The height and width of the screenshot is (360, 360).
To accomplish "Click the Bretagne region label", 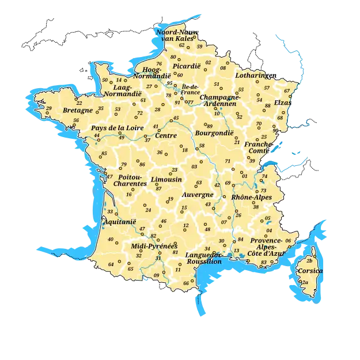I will (x=78, y=110).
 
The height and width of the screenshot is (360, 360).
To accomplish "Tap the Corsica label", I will (x=310, y=271).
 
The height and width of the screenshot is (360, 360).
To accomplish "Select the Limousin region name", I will (x=166, y=180).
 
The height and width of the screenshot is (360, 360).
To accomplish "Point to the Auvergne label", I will (x=198, y=195).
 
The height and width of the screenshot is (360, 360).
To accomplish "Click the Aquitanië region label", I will (x=119, y=221).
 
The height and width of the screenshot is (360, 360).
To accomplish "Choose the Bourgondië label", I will (x=214, y=132).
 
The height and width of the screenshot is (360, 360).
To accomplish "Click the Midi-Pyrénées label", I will (x=154, y=246).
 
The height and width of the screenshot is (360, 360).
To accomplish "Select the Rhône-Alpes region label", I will (x=251, y=197).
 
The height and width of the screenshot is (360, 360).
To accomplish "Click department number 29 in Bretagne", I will (x=49, y=108).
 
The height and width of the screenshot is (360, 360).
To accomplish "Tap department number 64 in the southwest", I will (x=111, y=264).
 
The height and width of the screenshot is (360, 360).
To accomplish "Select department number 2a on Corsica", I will (x=305, y=282).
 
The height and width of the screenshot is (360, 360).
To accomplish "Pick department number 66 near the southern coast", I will (x=186, y=283).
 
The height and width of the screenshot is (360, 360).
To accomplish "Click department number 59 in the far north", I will (x=200, y=46).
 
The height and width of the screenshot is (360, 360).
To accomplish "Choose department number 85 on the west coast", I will (x=104, y=153).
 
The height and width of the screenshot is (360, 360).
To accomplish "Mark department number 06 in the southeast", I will (x=288, y=240).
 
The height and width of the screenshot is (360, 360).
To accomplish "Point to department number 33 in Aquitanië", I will (x=110, y=212).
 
